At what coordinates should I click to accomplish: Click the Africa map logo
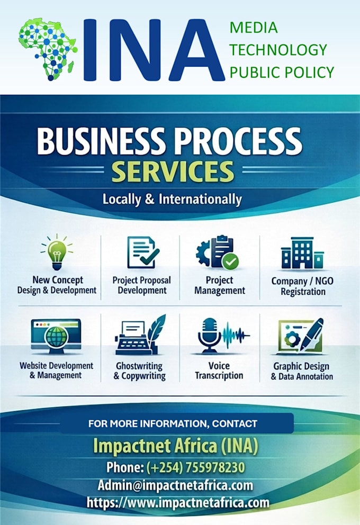[x=48, y=49]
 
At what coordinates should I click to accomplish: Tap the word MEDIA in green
[x=254, y=28]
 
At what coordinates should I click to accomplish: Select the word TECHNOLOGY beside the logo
[x=278, y=50]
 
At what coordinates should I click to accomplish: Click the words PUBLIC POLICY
[x=282, y=73]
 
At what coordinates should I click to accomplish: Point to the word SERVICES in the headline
[x=173, y=171]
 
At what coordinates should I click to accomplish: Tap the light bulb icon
[x=57, y=252]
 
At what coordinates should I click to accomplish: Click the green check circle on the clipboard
[x=230, y=261]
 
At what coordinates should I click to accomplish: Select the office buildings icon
[x=302, y=253]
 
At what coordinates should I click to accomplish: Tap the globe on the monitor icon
[x=57, y=337]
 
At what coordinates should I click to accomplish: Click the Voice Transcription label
[x=219, y=370]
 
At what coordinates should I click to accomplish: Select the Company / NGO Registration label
[x=302, y=286]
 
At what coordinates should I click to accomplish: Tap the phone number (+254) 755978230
[x=195, y=467]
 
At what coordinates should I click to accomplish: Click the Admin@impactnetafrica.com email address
[x=175, y=485]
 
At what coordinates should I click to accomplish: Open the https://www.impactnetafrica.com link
[x=178, y=503]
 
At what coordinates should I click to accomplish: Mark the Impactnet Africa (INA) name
[x=175, y=446]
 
